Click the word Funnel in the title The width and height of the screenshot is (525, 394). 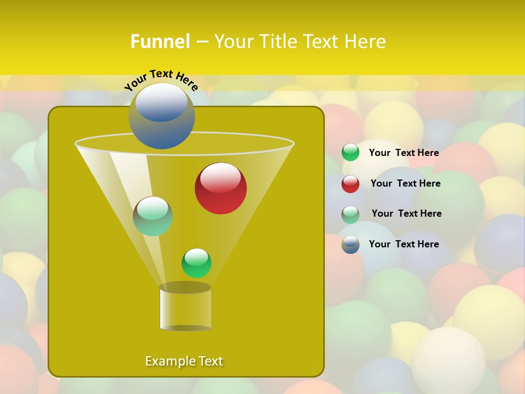click(160, 42)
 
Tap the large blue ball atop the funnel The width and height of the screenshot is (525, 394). click(161, 116)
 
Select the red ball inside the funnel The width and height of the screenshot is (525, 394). click(220, 188)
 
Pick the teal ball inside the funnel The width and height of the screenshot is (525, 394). click(153, 216)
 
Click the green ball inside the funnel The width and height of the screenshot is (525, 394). click(196, 263)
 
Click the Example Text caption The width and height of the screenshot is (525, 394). click(184, 361)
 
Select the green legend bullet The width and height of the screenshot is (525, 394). click(351, 153)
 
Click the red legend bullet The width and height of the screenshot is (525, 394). click(351, 184)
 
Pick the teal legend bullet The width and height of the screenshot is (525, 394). click(351, 215)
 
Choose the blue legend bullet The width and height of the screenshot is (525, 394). click(351, 245)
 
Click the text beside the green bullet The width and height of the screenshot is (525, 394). click(404, 153)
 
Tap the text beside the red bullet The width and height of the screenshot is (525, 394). click(405, 183)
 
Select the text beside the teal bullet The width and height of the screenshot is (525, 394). click(406, 213)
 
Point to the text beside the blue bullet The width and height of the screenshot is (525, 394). click(404, 244)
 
